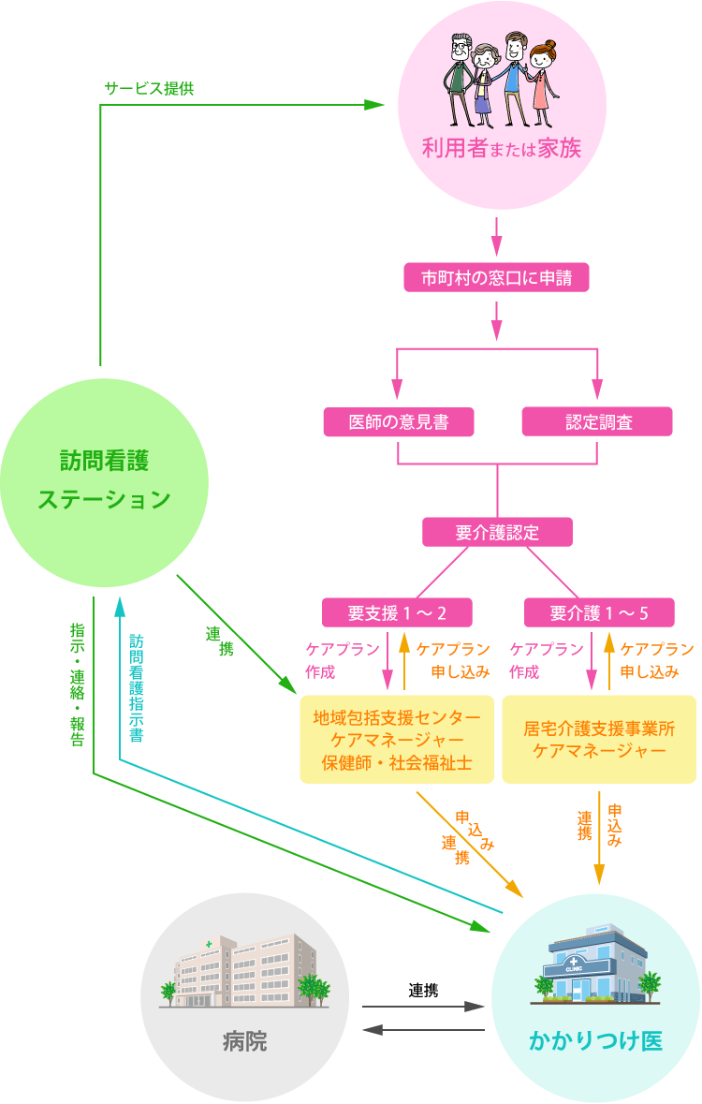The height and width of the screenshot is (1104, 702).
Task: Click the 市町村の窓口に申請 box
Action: pyautogui.click(x=496, y=278)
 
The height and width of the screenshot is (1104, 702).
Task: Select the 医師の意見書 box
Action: pyautogui.click(x=398, y=422)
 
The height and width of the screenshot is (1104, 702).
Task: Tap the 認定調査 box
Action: pyautogui.click(x=597, y=422)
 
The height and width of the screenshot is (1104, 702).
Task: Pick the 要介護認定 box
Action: pyautogui.click(x=497, y=532)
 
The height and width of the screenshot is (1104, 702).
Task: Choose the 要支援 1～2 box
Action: pyautogui.click(x=397, y=613)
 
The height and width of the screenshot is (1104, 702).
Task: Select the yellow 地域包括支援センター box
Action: pyautogui.click(x=397, y=740)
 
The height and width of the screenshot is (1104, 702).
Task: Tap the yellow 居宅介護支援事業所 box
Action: pyautogui.click(x=599, y=739)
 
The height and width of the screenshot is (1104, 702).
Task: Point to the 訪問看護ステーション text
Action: pyautogui.click(x=104, y=480)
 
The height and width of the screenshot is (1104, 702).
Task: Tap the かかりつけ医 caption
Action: pyautogui.click(x=595, y=1040)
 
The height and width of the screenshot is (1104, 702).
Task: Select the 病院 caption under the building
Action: pyautogui.click(x=244, y=1040)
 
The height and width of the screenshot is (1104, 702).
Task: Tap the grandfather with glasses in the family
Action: pyautogui.click(x=459, y=75)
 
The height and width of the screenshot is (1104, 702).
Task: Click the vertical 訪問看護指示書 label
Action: pyautogui.click(x=137, y=687)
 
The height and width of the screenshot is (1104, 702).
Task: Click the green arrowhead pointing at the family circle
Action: pyautogui.click(x=374, y=105)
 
